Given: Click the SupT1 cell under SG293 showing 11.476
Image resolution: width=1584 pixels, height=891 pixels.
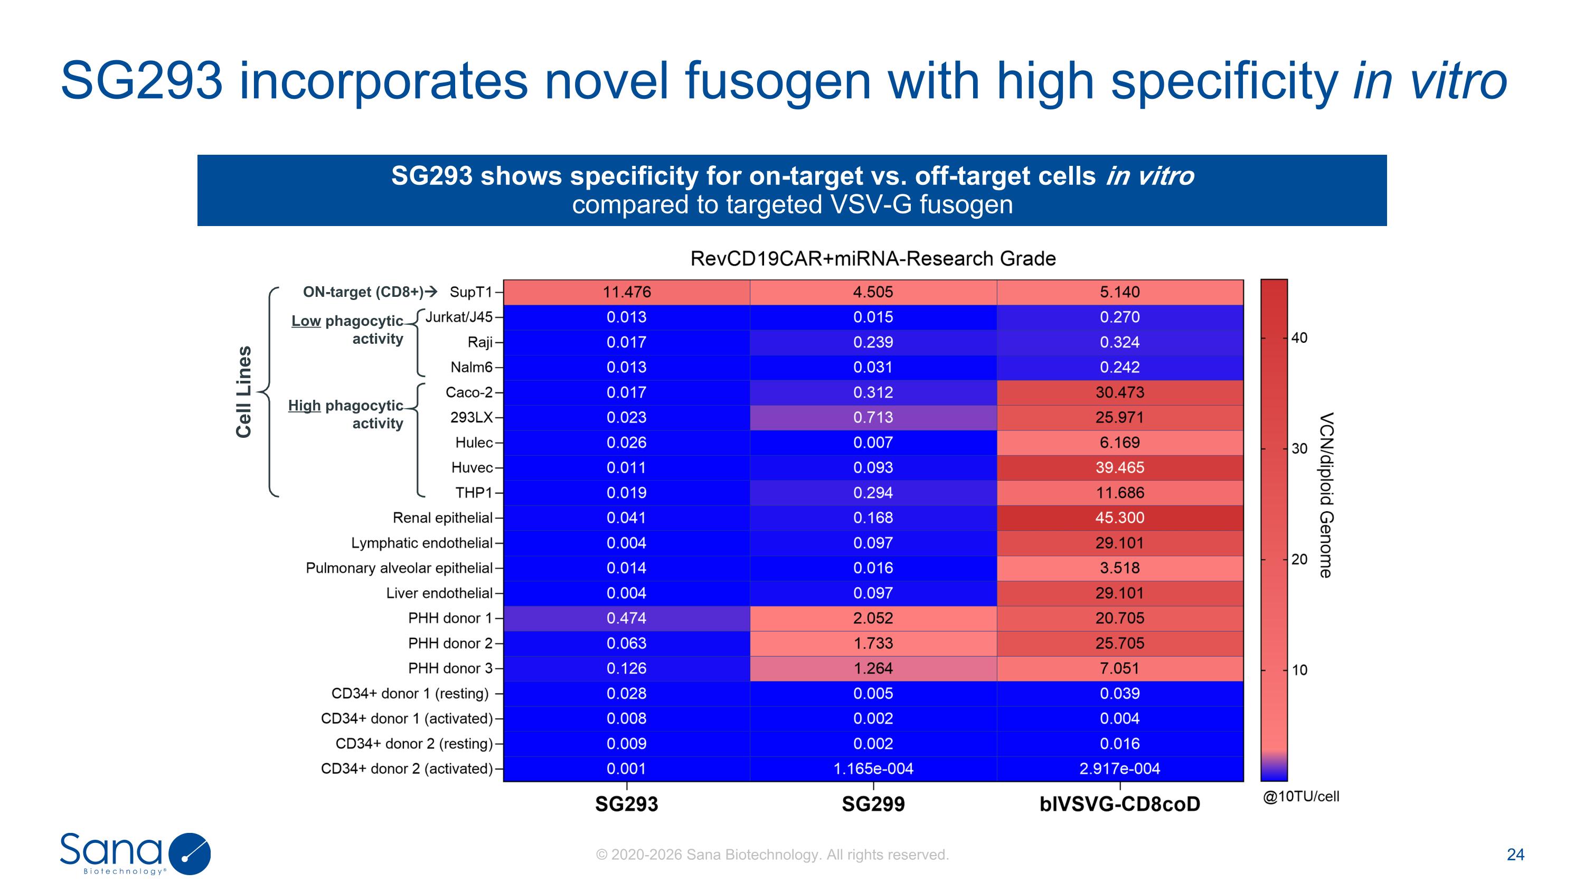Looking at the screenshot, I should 627,292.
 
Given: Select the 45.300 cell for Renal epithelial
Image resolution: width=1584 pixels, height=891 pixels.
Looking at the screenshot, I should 1120,518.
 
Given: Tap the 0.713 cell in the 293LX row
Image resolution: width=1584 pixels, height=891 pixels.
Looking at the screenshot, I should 873,418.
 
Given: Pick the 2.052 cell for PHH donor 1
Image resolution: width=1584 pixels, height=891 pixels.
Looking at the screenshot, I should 873,618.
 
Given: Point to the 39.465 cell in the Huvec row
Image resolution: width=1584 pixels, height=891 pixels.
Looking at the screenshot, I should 1120,467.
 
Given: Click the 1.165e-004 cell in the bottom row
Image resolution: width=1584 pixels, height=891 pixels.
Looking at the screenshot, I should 873,768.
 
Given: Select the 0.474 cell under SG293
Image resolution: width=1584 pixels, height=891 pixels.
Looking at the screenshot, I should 627,618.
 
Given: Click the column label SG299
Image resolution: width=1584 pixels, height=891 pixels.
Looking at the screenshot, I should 873,804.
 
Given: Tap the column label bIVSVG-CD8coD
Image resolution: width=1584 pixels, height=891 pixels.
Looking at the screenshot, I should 1120,804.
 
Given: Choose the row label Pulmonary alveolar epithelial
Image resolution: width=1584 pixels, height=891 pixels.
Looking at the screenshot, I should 399,568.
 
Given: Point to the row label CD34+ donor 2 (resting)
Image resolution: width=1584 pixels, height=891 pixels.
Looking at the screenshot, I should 414,744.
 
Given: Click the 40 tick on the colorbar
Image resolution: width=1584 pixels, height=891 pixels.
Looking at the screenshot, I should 1299,337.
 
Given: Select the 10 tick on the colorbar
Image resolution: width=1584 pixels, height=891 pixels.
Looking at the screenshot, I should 1299,670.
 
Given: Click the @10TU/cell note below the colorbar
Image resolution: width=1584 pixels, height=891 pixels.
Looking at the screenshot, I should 1300,796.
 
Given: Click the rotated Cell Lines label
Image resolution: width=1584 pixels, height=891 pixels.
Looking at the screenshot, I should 244,392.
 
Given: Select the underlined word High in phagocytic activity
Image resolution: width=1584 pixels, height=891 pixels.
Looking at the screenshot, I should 304,406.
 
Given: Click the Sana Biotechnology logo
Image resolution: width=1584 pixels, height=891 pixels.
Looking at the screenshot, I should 135,854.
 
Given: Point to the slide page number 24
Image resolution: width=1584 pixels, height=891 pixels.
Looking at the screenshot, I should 1515,854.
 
